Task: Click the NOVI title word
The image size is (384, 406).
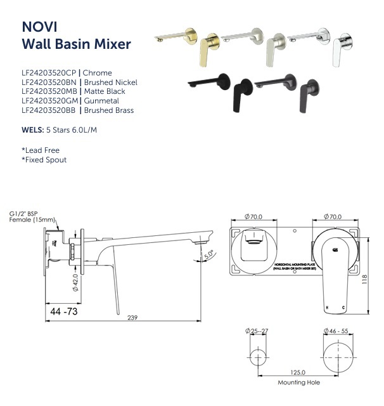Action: click(x=39, y=27)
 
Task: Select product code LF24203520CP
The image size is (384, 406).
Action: click(x=48, y=73)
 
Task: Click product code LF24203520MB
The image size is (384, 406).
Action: click(x=49, y=91)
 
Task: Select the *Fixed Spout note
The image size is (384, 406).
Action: click(x=44, y=160)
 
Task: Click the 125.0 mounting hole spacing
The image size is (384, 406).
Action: click(x=298, y=374)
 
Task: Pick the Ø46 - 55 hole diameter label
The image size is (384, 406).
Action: click(x=338, y=331)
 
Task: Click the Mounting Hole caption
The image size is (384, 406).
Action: click(x=298, y=383)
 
